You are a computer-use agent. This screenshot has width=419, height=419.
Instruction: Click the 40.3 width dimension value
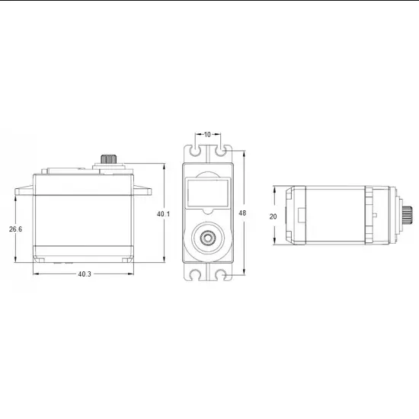point(84,273)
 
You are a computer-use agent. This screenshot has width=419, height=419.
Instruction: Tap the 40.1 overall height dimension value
point(163,214)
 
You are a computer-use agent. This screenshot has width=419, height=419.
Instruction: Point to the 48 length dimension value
point(243,213)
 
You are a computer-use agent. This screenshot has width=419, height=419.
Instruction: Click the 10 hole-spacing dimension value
point(207,135)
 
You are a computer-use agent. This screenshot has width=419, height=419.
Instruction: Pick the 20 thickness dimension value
point(273,216)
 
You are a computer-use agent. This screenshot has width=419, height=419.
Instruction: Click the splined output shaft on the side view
point(107,159)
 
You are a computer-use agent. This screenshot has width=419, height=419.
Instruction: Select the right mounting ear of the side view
point(146,192)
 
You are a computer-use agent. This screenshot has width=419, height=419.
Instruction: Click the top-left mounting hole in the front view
point(196,152)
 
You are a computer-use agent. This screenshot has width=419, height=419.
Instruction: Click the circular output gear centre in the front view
point(207,238)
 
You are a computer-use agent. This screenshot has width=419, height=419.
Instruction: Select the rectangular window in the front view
point(207,194)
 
